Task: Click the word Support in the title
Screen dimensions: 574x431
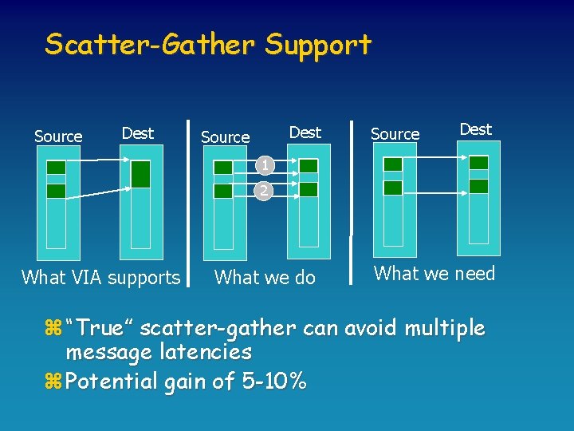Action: tap(319, 45)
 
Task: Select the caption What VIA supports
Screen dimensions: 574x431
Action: tap(101, 278)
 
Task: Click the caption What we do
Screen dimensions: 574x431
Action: tap(265, 278)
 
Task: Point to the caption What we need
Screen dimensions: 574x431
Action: tap(434, 274)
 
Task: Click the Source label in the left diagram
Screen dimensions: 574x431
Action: tap(58, 136)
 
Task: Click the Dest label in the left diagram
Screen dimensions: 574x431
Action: tap(138, 132)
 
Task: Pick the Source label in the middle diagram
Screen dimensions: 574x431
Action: tap(226, 137)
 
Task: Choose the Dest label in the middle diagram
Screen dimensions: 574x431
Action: tap(305, 132)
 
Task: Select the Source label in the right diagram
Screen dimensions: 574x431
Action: tap(395, 134)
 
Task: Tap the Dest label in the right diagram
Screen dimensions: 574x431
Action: tap(476, 129)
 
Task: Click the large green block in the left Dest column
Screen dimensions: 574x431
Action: tap(140, 174)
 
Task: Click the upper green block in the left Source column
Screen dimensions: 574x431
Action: tap(56, 168)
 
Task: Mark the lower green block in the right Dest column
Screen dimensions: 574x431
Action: tap(478, 186)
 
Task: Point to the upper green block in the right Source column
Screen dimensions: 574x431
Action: tap(393, 164)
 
